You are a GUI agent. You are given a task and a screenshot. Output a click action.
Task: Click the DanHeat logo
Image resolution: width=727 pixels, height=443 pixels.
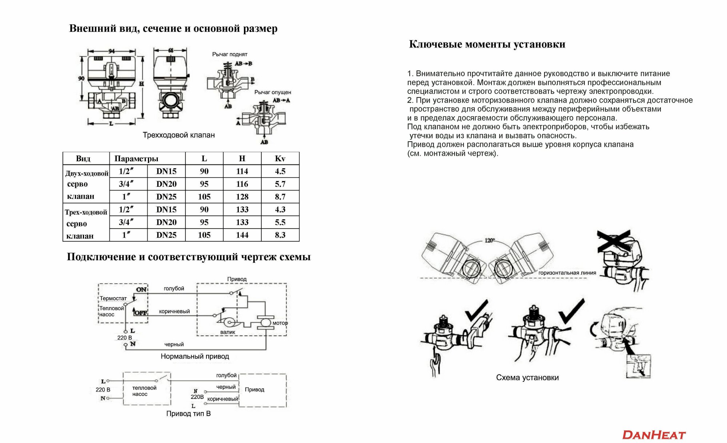click(x=654, y=435)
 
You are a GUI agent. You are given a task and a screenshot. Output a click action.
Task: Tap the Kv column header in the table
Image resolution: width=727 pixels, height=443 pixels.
click(x=280, y=158)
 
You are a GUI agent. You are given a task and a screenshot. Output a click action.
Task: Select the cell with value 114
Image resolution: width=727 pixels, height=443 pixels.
click(x=242, y=171)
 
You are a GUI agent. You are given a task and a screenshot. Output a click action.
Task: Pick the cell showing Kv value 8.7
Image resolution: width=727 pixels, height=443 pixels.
click(x=280, y=197)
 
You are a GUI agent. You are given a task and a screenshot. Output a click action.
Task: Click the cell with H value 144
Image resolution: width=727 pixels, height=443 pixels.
click(x=242, y=235)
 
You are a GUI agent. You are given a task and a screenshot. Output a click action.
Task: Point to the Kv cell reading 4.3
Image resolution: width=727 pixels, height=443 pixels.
click(x=280, y=209)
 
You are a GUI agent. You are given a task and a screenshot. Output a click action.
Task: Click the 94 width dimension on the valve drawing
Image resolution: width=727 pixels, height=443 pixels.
click(x=112, y=51)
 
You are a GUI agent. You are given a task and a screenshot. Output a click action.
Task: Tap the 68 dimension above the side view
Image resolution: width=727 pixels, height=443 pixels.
click(x=170, y=50)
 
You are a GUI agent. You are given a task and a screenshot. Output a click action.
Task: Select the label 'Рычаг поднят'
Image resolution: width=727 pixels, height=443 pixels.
click(x=230, y=54)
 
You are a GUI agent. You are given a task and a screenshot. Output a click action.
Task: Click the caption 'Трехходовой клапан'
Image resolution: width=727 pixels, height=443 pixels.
click(x=178, y=135)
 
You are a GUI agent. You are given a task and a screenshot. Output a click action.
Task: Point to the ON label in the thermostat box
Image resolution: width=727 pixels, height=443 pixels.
click(x=141, y=290)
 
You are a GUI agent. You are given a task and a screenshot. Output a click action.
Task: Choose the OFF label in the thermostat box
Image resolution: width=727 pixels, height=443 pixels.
click(x=141, y=313)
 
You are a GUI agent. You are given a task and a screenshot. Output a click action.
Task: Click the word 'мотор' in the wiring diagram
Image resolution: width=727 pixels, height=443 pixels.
click(x=280, y=323)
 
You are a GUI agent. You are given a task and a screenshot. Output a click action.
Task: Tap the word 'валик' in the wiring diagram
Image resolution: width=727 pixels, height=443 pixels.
click(x=228, y=332)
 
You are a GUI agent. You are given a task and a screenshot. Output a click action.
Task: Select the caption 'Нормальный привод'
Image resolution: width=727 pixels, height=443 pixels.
click(x=195, y=356)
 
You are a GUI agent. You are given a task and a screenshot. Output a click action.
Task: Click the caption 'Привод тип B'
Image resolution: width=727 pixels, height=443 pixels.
click(x=188, y=414)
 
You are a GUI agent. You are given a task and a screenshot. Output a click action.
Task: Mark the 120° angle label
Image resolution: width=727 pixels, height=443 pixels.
click(x=490, y=241)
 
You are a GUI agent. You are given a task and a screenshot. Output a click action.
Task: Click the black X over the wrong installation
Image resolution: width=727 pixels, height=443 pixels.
click(x=614, y=241)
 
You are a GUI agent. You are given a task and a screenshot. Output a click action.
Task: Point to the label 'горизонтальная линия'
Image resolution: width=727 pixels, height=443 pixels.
click(x=567, y=273)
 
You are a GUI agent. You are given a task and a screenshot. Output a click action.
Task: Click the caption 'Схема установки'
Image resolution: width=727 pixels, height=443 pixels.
click(x=527, y=377)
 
